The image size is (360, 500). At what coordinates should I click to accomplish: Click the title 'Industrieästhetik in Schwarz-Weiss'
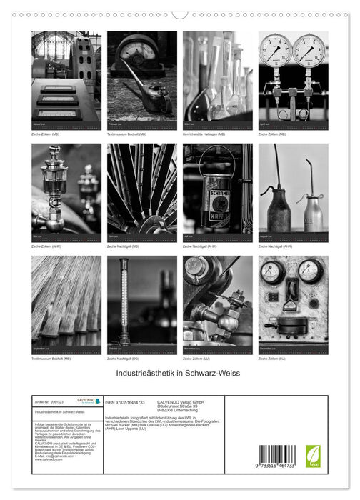click(x=180, y=374)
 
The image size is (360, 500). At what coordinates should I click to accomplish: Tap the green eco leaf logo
click(x=313, y=456)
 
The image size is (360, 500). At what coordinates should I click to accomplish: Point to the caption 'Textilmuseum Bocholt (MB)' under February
click(x=127, y=134)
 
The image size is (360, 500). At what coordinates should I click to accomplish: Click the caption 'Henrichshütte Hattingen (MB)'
click(x=204, y=134)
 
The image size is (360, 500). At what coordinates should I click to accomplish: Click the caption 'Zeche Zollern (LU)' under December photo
click(x=278, y=358)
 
